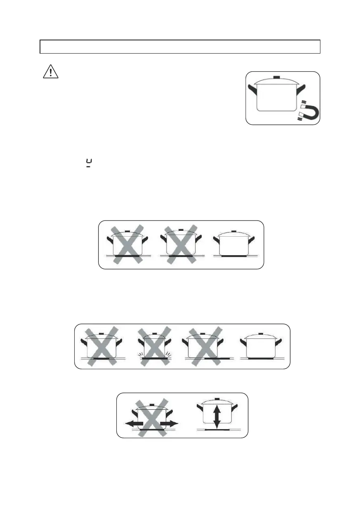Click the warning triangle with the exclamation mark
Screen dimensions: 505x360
[x=50, y=72]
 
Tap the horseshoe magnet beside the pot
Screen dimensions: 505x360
[x=309, y=111]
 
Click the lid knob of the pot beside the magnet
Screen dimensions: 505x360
[x=277, y=77]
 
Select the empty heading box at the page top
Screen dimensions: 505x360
[x=180, y=47]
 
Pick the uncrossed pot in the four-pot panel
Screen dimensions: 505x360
[x=261, y=347]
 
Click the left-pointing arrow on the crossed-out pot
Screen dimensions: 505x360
[x=133, y=423]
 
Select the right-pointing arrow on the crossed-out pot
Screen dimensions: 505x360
[x=169, y=423]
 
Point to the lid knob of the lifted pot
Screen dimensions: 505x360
[x=217, y=399]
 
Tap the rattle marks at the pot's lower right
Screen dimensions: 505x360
[x=169, y=355]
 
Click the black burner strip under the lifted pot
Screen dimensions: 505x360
[x=217, y=429]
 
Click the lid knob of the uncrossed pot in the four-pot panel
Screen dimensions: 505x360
[x=260, y=334]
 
